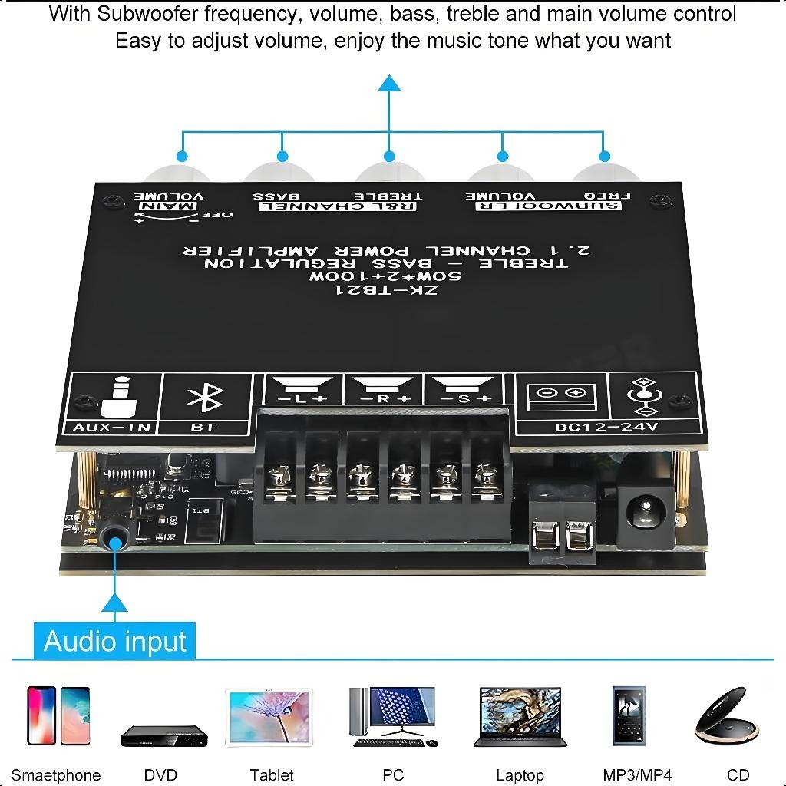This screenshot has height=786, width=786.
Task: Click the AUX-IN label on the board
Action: click(112, 427)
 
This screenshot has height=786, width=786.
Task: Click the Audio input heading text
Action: click(115, 641)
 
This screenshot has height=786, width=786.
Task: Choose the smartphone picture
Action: click(58, 715)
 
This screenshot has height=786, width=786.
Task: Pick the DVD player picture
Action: click(163, 735)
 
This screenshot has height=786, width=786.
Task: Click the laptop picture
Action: click(520, 716)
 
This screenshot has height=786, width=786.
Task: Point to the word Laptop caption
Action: click(520, 775)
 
